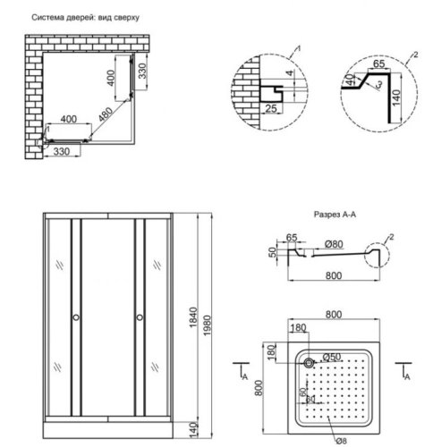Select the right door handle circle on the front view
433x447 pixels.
point(140,317)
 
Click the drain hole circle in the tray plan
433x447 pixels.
point(309,362)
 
